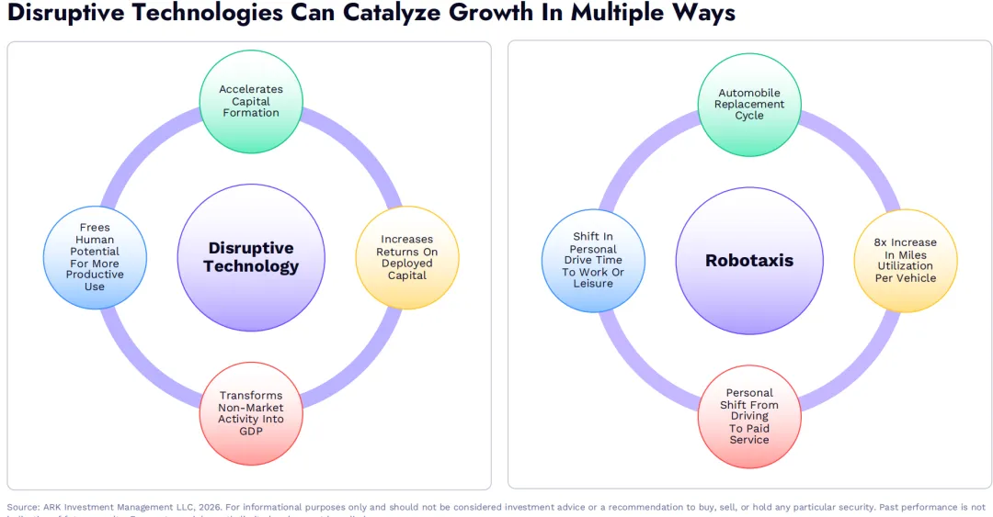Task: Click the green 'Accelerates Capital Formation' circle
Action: pyautogui.click(x=250, y=101)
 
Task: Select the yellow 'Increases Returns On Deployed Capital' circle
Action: pyautogui.click(x=406, y=257)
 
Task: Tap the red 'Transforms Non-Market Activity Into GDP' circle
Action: pyautogui.click(x=251, y=413)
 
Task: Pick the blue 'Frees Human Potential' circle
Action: pyautogui.click(x=95, y=257)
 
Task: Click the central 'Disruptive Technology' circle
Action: pyautogui.click(x=251, y=257)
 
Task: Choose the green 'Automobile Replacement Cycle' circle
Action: pyautogui.click(x=749, y=104)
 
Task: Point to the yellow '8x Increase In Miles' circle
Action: pyautogui.click(x=906, y=260)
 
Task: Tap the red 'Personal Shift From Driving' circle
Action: pyautogui.click(x=750, y=416)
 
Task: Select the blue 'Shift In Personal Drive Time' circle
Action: pyautogui.click(x=593, y=260)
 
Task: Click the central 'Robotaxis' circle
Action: pyautogui.click(x=749, y=260)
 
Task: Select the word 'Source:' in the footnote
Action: pyautogui.click(x=23, y=507)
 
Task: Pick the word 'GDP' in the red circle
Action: pyautogui.click(x=251, y=432)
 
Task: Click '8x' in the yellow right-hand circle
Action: pyautogui.click(x=881, y=242)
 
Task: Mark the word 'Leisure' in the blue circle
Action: pyautogui.click(x=593, y=283)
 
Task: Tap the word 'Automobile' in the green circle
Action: pyautogui.click(x=749, y=93)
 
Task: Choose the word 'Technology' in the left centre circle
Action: pyautogui.click(x=251, y=267)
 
